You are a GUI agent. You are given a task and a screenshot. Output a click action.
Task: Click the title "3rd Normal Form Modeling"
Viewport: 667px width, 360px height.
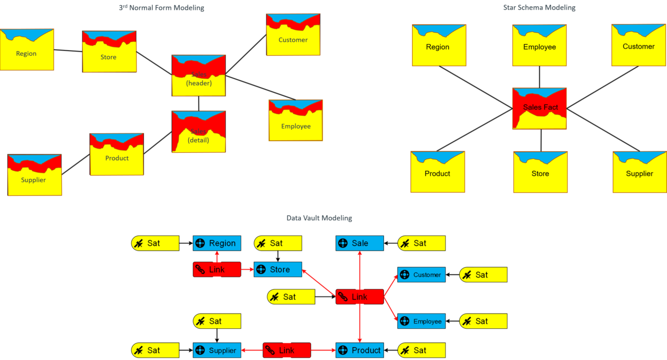click(162, 8)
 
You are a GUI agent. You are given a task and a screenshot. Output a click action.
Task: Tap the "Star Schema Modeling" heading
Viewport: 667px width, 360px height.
click(539, 8)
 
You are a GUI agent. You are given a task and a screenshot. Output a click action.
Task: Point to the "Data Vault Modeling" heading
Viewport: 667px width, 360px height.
click(319, 218)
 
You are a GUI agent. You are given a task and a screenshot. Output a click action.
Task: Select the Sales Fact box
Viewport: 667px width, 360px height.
click(540, 108)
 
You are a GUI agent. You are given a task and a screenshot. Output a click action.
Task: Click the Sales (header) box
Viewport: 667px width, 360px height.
click(199, 76)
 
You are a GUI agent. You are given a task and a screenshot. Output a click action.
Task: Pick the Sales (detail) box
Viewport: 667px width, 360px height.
click(199, 132)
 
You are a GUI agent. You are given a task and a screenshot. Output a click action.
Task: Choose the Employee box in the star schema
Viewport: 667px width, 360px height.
click(539, 45)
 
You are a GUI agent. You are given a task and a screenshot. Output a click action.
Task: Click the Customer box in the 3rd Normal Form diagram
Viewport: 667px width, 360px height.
click(293, 35)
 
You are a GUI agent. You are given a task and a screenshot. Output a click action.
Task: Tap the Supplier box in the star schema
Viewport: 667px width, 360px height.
click(639, 172)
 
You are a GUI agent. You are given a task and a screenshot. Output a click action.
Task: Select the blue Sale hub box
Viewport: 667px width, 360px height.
click(360, 243)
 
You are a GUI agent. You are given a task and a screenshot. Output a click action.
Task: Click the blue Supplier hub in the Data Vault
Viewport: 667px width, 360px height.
click(217, 351)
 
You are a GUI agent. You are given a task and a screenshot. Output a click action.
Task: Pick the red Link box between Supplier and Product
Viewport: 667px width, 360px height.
click(287, 351)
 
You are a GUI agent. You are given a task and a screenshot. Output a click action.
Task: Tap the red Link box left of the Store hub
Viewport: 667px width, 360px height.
click(217, 269)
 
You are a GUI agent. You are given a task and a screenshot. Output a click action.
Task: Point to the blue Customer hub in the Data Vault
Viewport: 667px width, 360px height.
click(421, 275)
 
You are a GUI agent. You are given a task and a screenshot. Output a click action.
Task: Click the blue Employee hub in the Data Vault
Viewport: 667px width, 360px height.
click(421, 321)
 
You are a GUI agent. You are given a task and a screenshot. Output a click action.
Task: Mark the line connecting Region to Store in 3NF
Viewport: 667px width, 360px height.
click(68, 51)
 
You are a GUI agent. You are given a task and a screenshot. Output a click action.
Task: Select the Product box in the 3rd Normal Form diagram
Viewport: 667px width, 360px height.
click(117, 155)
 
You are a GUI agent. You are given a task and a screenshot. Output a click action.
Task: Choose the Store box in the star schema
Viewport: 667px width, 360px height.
click(540, 172)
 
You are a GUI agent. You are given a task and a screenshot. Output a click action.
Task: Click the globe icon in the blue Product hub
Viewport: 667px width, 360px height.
click(343, 351)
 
